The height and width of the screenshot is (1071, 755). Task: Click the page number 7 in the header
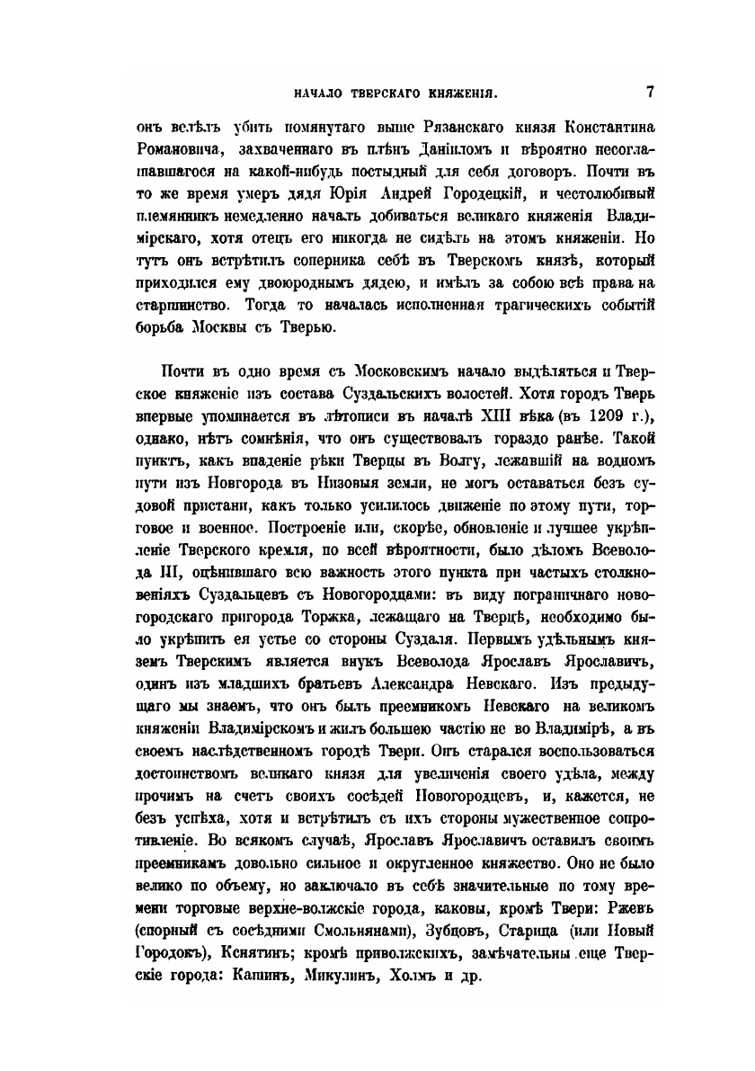[648, 91]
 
